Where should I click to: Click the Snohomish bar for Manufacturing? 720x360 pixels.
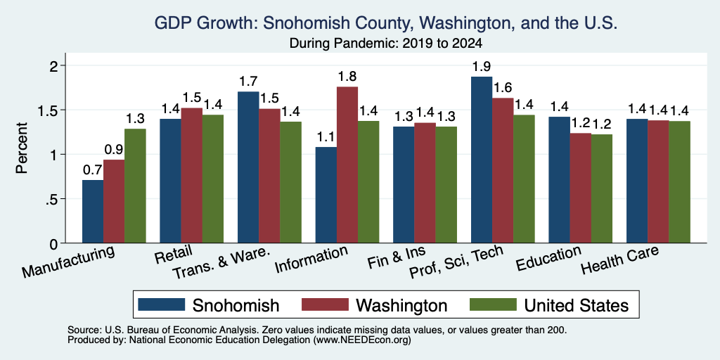(93, 211)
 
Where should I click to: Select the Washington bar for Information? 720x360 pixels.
(347, 165)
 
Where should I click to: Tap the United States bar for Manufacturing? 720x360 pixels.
(135, 186)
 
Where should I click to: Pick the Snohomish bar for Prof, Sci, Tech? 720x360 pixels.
(482, 160)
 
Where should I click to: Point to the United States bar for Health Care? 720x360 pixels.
(680, 182)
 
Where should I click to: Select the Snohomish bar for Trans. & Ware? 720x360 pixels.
(248, 167)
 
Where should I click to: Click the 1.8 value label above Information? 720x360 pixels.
(347, 76)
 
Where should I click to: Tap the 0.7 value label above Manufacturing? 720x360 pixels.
(92, 170)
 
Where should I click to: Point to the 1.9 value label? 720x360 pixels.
(482, 67)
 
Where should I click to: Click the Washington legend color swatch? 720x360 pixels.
(326, 304)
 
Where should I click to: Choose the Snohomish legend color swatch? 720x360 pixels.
(161, 304)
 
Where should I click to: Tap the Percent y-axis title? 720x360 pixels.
(22, 148)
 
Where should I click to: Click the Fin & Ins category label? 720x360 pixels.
(397, 258)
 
